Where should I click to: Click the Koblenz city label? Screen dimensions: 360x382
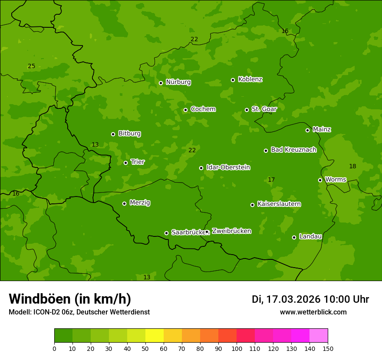250,79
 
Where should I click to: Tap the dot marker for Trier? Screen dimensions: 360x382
126,163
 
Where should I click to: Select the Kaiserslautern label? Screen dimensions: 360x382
279,204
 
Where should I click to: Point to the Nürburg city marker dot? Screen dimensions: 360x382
161,83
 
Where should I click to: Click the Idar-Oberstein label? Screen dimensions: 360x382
228,167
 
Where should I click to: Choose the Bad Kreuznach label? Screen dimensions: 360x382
293,150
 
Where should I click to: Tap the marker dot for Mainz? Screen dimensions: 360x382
307,130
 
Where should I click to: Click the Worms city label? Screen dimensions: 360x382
336,180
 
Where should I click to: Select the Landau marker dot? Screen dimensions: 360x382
294,237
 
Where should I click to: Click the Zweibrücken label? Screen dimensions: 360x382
231,231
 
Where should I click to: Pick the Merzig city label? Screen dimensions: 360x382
140,203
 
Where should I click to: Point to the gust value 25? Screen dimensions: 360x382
31,66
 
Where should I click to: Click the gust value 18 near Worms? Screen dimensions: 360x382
352,166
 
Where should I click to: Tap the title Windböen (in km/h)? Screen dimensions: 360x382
70,299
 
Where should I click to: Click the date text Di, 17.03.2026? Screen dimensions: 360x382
286,299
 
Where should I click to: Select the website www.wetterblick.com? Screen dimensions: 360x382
313,312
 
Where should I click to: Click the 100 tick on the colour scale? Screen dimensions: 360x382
237,348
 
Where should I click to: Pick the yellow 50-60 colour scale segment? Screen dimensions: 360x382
155,336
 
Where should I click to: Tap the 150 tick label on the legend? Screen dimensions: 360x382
328,348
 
